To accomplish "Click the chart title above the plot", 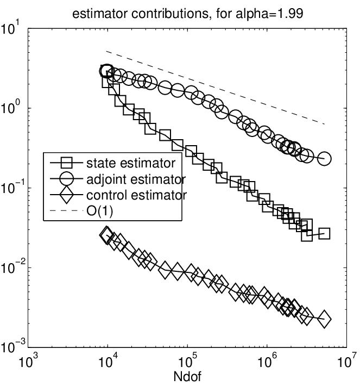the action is click(x=188, y=14).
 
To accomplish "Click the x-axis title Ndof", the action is click(x=187, y=377).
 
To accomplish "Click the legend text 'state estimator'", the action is click(x=131, y=163).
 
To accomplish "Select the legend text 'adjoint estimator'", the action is click(x=136, y=179).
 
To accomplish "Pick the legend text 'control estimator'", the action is click(x=137, y=195).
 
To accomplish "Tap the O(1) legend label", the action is click(x=99, y=211).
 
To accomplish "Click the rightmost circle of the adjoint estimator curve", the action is click(x=324, y=159).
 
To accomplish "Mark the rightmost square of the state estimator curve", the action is click(x=324, y=234).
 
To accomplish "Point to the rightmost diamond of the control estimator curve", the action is click(x=324, y=319).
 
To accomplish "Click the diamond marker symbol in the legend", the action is click(x=66, y=195).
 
